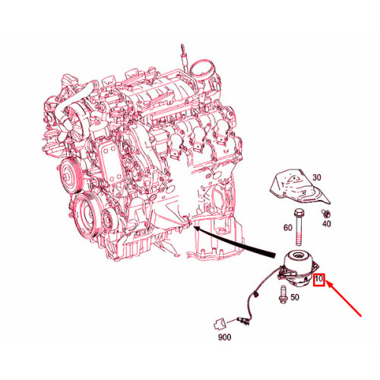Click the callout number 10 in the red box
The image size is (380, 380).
pos(319,280)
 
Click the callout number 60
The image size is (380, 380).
pos(287,226)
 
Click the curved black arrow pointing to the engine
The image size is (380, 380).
pos(236,241)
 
